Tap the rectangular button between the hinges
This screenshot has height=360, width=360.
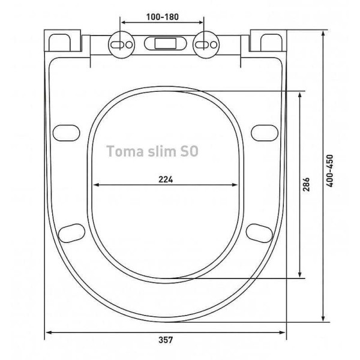163,44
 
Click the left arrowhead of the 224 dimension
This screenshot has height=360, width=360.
97,185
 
